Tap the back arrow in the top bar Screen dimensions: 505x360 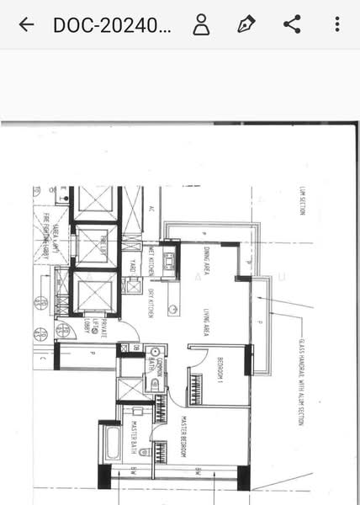pos(26,24)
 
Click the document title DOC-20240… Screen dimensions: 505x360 pos(112,24)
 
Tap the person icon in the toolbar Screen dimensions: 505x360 pos(201,24)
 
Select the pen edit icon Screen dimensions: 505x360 pos(246,24)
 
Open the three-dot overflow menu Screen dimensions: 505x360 pos(336,24)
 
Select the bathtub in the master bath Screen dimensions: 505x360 pos(110,441)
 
